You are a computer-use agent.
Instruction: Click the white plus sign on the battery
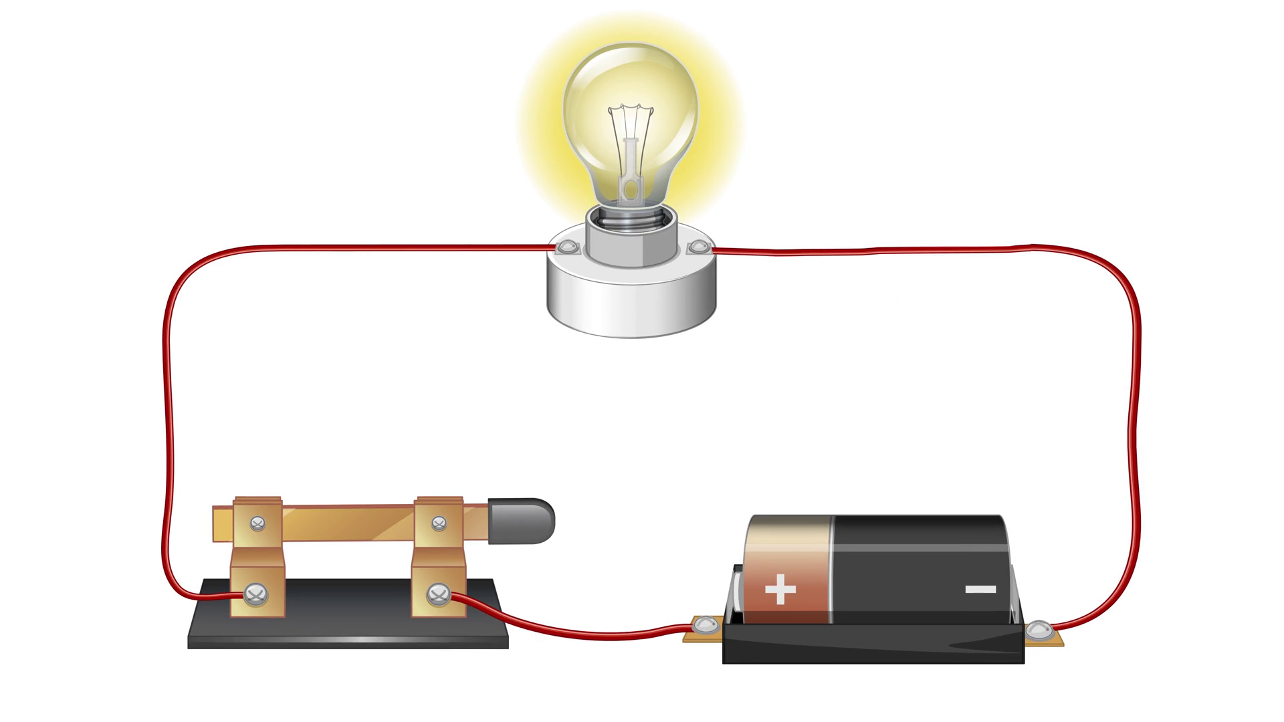tap(780, 590)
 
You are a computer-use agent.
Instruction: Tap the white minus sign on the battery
tap(980, 589)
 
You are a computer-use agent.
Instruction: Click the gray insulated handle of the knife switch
tap(522, 520)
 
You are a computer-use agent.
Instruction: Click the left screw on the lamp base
tap(567, 248)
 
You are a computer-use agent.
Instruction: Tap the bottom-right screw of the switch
tap(438, 592)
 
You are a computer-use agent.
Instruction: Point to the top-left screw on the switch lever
tap(257, 523)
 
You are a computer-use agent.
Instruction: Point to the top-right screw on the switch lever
tap(439, 522)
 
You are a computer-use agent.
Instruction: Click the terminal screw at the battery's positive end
tap(704, 626)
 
